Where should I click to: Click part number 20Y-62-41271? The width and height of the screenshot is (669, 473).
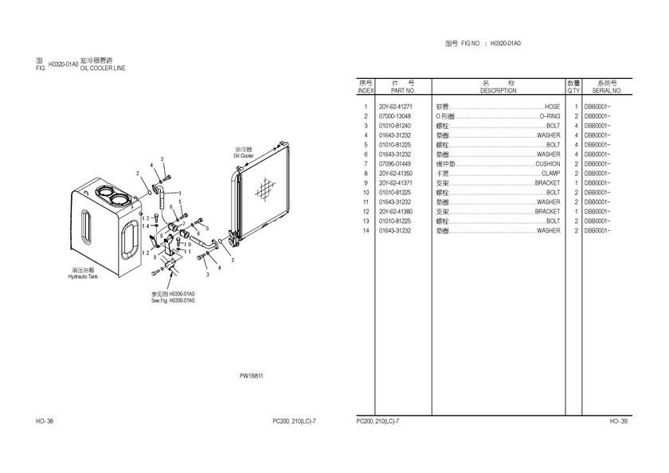[x=395, y=107]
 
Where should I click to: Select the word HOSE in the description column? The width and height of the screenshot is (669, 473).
[x=552, y=107]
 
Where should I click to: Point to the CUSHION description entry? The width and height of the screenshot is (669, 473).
[x=547, y=164]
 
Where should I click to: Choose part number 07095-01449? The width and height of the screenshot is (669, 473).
[x=395, y=164]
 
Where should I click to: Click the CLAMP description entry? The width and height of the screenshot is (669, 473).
[x=550, y=174]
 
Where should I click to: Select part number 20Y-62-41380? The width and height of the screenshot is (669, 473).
[x=395, y=212]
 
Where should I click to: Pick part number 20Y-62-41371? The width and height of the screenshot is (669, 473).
[x=395, y=183]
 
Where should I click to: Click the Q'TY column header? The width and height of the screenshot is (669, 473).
[x=573, y=91]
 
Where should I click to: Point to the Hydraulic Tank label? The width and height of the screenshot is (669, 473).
[x=82, y=276]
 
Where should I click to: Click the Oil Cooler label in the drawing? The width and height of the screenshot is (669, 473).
[x=244, y=155]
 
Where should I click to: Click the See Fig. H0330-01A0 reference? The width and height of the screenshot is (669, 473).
[x=173, y=300]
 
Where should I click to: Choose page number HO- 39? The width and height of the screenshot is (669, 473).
[x=619, y=420]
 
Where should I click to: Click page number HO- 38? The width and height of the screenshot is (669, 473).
[x=45, y=420]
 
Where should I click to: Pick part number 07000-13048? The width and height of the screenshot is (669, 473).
[x=395, y=116]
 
